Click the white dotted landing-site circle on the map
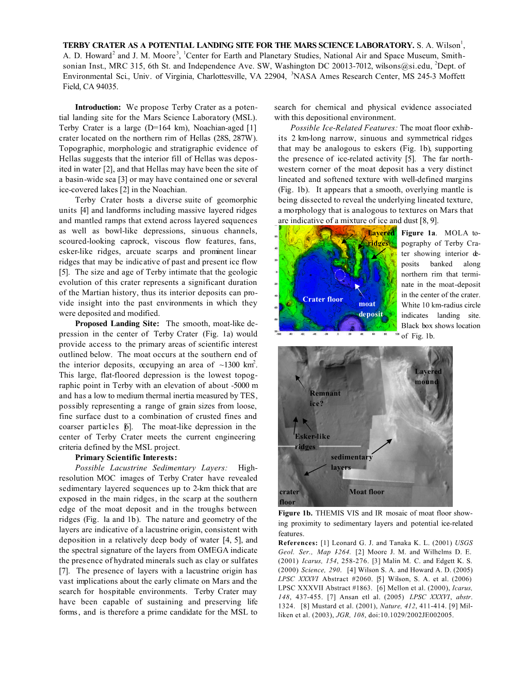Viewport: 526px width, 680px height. coord(340,275)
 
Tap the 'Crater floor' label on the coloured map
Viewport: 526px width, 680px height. coord(323,299)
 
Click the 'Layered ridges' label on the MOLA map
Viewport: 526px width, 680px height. coord(380,238)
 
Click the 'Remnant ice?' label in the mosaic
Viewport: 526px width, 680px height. coord(324,398)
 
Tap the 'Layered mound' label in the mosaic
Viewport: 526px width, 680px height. coord(428,377)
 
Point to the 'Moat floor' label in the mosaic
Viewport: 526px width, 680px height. coord(367,492)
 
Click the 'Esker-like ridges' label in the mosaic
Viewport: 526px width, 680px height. coord(312,441)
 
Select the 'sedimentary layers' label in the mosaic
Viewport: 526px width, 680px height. coord(351,462)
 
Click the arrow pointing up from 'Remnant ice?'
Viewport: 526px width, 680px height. coord(300,381)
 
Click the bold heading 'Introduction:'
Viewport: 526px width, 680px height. coord(97,107)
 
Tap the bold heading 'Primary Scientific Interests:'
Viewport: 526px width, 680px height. coord(126,457)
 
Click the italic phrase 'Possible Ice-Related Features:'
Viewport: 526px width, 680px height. coord(344,128)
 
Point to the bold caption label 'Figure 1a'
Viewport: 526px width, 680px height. coord(418,233)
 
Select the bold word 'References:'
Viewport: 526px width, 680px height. coord(298,543)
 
